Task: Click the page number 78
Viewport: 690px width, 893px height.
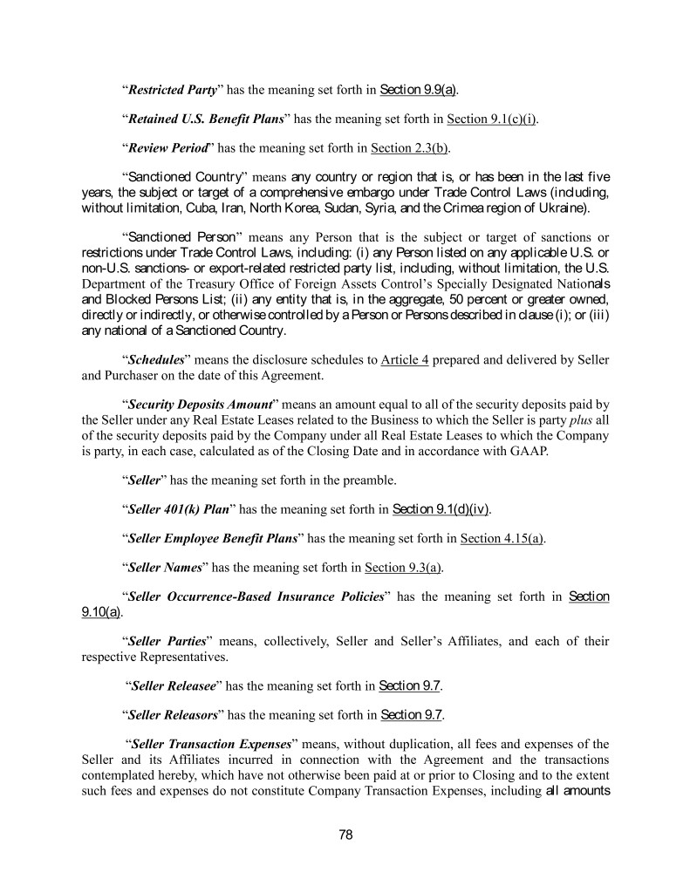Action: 345,835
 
